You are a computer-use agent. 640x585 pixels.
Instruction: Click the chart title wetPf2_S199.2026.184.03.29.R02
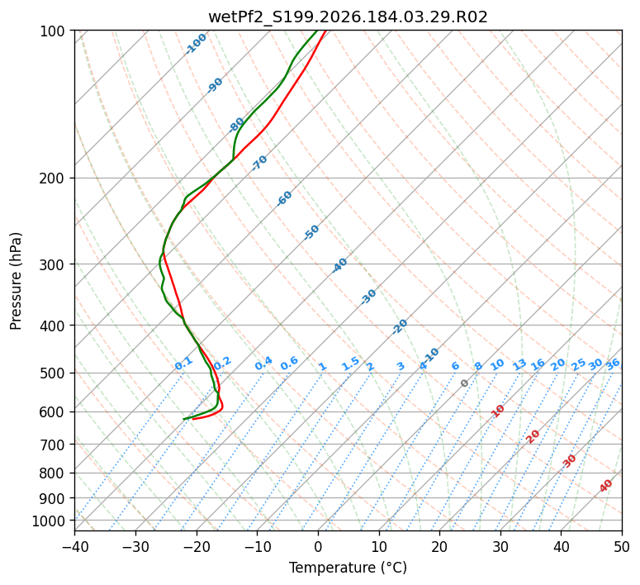tap(348, 17)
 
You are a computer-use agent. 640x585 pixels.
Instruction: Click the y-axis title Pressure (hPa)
tap(16, 281)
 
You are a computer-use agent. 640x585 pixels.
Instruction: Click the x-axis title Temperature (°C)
tap(348, 568)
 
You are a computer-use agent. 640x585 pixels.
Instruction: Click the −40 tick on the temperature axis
tap(74, 547)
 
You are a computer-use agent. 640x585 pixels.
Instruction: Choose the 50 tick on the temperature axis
tap(622, 547)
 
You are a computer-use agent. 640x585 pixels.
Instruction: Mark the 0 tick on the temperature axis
tap(318, 547)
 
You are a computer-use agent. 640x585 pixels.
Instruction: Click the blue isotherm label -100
tap(196, 44)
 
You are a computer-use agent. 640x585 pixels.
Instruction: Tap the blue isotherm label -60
tap(284, 197)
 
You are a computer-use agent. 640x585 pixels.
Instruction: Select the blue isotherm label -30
tap(368, 297)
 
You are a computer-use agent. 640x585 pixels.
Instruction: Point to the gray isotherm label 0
tap(464, 383)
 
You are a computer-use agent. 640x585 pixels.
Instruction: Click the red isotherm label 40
tap(606, 486)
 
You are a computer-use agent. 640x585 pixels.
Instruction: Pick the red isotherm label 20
tap(533, 437)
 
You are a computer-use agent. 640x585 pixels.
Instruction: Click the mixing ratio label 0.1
tap(183, 364)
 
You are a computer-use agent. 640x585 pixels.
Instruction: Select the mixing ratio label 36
tap(613, 364)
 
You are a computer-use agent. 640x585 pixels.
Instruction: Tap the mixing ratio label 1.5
tap(351, 364)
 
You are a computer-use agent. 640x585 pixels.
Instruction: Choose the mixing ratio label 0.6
tap(289, 364)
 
